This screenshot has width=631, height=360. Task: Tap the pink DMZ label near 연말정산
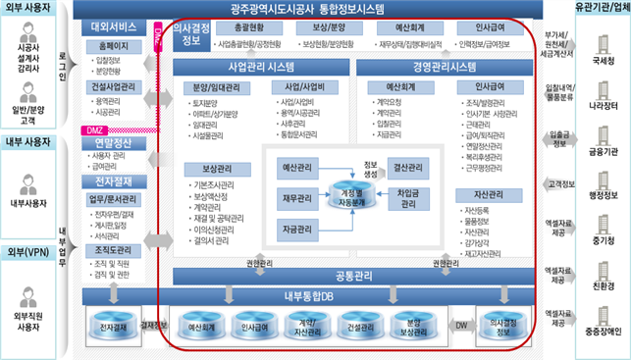pyautogui.click(x=94, y=129)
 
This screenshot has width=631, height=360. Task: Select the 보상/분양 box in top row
pyautogui.click(x=322, y=27)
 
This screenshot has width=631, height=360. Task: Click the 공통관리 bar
pyautogui.click(x=353, y=275)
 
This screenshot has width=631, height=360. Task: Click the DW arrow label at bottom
pyautogui.click(x=460, y=322)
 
